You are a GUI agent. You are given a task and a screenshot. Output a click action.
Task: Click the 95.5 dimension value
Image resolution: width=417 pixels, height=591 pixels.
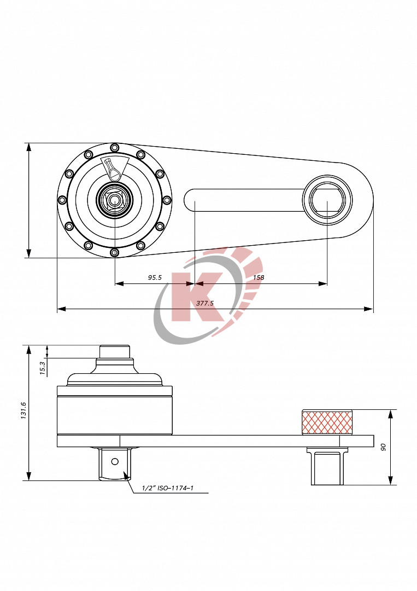[x=155, y=277]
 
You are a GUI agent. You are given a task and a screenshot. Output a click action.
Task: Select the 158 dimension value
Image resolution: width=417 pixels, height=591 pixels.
[x=259, y=277]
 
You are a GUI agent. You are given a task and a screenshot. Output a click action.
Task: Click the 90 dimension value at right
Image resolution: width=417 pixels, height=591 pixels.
[x=384, y=447]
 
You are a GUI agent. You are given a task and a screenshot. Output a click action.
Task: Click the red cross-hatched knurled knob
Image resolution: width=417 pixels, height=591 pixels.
[x=327, y=422]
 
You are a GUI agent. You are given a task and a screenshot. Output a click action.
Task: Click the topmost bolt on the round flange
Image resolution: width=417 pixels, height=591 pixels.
[x=114, y=147]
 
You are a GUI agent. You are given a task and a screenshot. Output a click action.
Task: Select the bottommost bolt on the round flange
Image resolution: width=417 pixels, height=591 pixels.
[x=114, y=252]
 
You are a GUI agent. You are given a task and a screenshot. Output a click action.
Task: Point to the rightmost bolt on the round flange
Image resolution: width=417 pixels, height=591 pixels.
[x=167, y=200]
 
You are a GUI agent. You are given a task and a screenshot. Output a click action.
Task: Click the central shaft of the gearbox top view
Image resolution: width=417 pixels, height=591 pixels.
[x=114, y=200]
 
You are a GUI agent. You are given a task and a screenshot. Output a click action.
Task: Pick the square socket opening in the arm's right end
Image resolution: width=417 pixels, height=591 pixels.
[x=327, y=200]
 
